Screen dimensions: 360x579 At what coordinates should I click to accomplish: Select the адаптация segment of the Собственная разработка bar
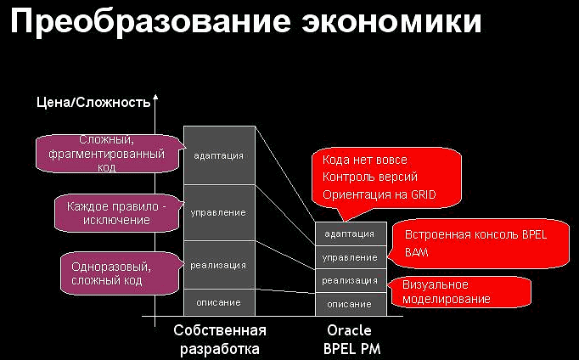[x=219, y=155]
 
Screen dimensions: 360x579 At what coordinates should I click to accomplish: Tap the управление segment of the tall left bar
[x=219, y=212]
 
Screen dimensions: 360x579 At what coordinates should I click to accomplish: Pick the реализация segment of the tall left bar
[x=219, y=265]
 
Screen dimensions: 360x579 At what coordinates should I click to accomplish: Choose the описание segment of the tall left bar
[x=219, y=301]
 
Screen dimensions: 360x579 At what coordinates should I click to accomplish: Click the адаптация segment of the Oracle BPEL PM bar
[x=349, y=234]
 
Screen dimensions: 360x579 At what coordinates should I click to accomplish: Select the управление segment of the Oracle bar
[x=349, y=257]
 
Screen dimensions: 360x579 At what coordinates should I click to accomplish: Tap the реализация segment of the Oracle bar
[x=349, y=280]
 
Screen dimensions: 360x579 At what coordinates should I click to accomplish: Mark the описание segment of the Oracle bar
[x=349, y=303]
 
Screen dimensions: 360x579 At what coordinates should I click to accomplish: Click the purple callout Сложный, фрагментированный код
[x=107, y=153]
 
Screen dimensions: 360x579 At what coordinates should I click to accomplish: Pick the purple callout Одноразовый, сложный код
[x=107, y=273]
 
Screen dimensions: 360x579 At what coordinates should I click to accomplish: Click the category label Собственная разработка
[x=219, y=338]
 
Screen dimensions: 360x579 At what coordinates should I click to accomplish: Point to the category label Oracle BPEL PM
[x=349, y=338]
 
